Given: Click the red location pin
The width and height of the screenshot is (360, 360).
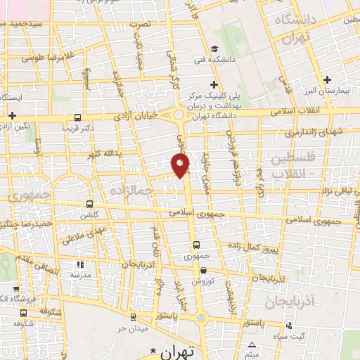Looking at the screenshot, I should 181,166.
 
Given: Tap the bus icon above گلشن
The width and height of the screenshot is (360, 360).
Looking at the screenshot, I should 88,204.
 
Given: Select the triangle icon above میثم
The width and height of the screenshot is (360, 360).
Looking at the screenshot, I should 252,344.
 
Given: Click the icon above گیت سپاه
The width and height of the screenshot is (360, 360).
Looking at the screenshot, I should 290,326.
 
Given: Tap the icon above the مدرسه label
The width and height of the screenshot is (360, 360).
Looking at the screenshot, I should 79,265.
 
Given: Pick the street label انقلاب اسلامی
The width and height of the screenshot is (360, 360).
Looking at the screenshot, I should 312,110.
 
